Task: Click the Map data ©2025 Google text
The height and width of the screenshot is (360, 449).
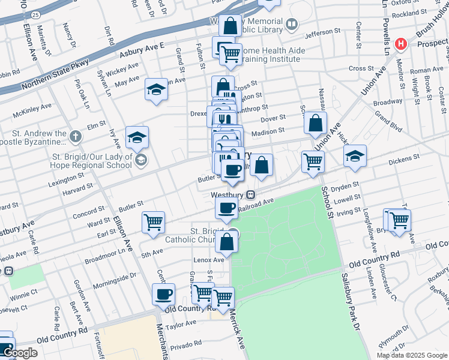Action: pos(412,355)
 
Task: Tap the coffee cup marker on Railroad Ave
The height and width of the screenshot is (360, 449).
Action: pos(226,208)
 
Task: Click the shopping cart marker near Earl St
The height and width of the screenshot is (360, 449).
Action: pos(153,221)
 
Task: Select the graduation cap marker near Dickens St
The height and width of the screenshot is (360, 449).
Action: pos(355,155)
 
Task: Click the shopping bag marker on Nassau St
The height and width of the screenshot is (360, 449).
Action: pos(315,123)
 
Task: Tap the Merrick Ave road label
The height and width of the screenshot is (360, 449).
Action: pos(237,335)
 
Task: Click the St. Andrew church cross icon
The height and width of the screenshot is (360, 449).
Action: pos(75,137)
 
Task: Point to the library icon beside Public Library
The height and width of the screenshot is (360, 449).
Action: pos(292,25)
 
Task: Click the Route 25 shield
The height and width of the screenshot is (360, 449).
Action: pos(35,13)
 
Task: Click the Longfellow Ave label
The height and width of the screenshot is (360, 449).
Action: pos(368,225)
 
